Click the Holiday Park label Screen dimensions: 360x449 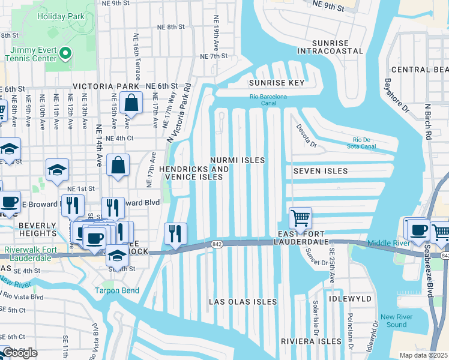click(x=61, y=16)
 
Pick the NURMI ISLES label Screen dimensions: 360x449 click(x=238, y=161)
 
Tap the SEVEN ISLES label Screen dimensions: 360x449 click(x=321, y=171)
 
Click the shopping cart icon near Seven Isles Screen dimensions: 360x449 click(x=300, y=218)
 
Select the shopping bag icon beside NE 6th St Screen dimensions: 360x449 click(x=130, y=103)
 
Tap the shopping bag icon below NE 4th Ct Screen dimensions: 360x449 click(x=118, y=165)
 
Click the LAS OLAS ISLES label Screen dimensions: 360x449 click(x=243, y=302)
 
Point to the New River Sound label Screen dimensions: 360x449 click(x=393, y=321)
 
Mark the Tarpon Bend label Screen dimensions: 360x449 click(x=116, y=291)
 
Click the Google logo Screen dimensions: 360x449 click(x=20, y=353)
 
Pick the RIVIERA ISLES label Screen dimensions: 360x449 click(x=311, y=341)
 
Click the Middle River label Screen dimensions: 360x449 click(x=388, y=244)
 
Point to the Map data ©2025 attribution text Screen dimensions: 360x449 click(x=423, y=355)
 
